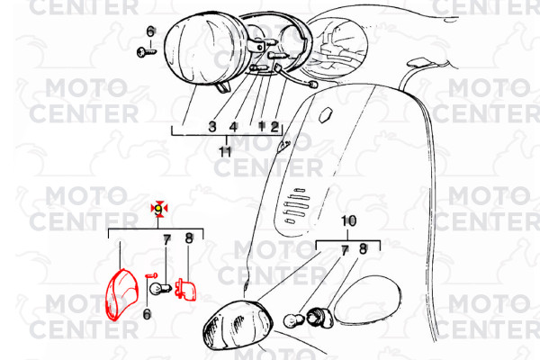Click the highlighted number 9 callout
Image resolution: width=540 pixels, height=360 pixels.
tap(158, 209)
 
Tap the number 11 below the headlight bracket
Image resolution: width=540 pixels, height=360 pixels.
tap(226, 151)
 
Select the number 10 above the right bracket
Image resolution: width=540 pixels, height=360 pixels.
tap(348, 220)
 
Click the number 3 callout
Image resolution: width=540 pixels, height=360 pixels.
tap(212, 126)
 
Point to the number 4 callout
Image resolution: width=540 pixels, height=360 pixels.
tap(233, 127)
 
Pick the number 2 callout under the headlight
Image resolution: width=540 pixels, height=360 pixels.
tap(274, 127)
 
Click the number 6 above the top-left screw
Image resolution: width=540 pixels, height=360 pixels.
tap(150, 31)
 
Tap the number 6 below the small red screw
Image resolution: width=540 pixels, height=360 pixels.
tap(147, 314)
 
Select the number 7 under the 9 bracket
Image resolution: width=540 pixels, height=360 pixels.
tap(167, 240)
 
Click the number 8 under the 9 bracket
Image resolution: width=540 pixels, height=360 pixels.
tap(189, 238)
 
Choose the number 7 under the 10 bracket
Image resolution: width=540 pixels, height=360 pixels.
tap(345, 251)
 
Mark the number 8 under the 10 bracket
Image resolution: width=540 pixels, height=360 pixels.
tap(363, 248)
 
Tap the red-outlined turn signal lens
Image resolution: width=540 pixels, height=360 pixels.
tap(121, 294)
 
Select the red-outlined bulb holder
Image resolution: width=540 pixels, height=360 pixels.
tap(185, 290)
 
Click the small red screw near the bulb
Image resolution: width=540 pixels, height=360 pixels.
tap(151, 275)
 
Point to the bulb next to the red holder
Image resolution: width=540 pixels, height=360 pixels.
tap(160, 287)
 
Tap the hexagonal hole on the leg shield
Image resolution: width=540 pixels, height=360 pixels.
tap(326, 114)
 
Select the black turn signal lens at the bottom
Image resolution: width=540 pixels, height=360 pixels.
tap(238, 326)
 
